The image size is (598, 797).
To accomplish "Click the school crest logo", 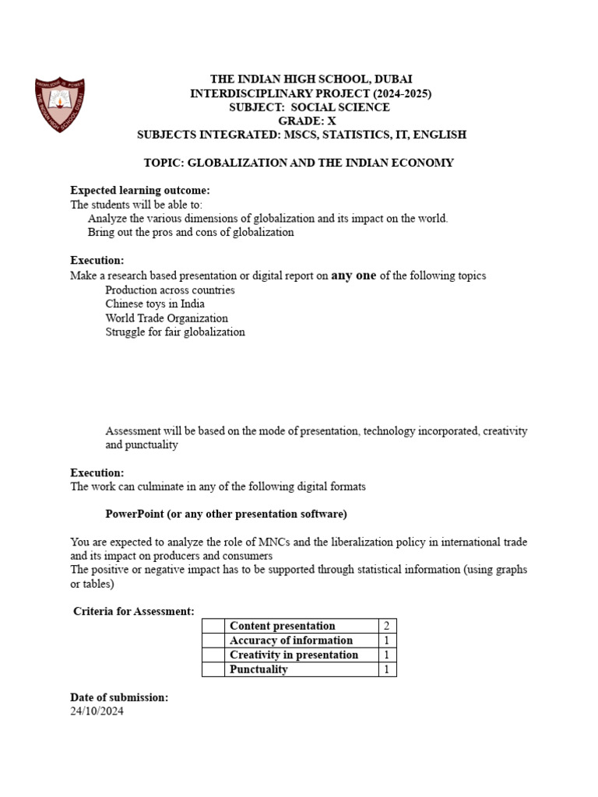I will click(60, 105).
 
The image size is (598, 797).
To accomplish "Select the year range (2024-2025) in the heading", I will click(396, 93).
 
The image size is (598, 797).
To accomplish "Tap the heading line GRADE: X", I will click(301, 121).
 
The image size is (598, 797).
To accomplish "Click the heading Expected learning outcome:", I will click(140, 191).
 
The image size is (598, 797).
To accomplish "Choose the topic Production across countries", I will click(170, 290).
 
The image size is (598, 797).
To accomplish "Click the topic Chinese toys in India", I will click(155, 304).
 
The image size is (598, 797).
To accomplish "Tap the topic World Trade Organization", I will click(167, 318).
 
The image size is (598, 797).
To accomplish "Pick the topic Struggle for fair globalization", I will click(175, 332).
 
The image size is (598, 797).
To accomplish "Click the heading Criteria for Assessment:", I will click(134, 612).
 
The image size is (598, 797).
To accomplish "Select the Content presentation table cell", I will click(283, 626).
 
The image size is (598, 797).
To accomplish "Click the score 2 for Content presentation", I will click(386, 626).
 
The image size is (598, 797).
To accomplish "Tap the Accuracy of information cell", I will click(291, 641).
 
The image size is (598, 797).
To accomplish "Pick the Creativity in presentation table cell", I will click(294, 655).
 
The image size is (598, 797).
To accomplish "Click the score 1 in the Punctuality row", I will click(386, 669).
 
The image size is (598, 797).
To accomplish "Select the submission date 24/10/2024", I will click(97, 711).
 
